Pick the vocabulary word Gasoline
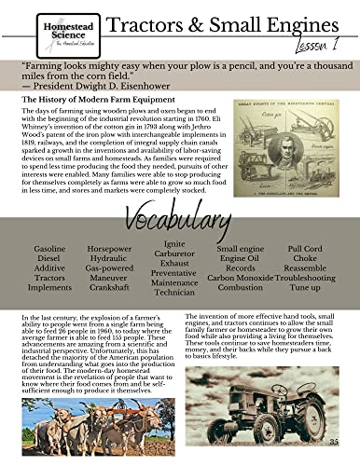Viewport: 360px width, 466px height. coord(49,250)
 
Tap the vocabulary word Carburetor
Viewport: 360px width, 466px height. coord(174,254)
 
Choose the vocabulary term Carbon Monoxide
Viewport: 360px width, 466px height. coord(241,278)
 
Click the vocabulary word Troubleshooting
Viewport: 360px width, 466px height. coord(305,278)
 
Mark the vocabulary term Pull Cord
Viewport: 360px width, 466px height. coord(305,250)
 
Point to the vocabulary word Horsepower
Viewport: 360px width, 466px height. coord(109,250)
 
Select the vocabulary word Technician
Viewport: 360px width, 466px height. coord(174,292)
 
